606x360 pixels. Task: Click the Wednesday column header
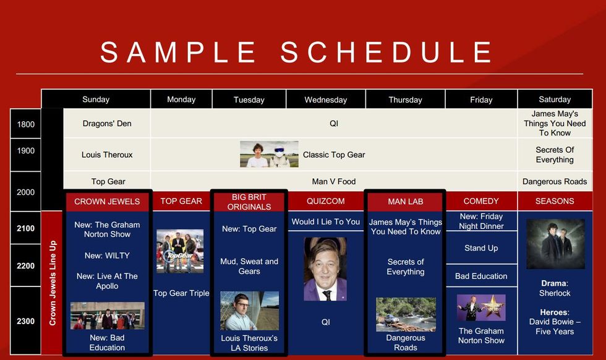(x=325, y=100)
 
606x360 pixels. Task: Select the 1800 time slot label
(x=25, y=124)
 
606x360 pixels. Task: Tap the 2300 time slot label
(x=25, y=321)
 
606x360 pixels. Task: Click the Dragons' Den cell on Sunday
(x=107, y=123)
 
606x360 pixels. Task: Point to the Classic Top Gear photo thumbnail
(x=269, y=154)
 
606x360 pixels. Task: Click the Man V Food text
(x=333, y=181)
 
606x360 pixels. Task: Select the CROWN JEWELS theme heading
(x=107, y=202)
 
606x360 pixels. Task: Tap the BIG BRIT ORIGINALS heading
(x=249, y=202)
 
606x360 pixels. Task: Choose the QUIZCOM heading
(x=325, y=201)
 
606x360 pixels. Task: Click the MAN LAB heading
(x=406, y=202)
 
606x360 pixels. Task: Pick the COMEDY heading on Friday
(x=481, y=201)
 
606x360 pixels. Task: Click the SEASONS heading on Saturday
(x=555, y=201)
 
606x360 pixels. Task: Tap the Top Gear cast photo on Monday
(x=180, y=251)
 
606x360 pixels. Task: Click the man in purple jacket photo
(x=325, y=269)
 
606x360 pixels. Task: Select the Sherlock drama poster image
(x=555, y=244)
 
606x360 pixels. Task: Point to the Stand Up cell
(x=481, y=248)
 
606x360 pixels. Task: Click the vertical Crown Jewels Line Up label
(x=53, y=283)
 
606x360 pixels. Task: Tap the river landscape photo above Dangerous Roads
(x=406, y=314)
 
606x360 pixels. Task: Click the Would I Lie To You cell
(x=325, y=221)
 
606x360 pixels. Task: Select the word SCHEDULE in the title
(x=386, y=52)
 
